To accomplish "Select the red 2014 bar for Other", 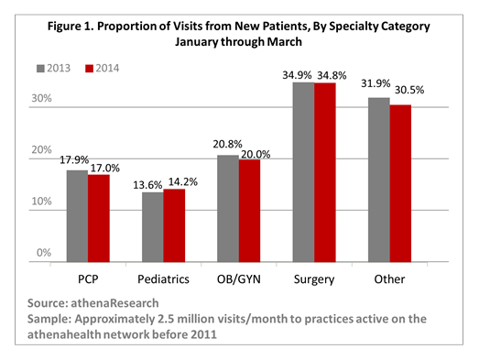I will coord(399,182).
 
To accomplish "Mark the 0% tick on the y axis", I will coord(40,253).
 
